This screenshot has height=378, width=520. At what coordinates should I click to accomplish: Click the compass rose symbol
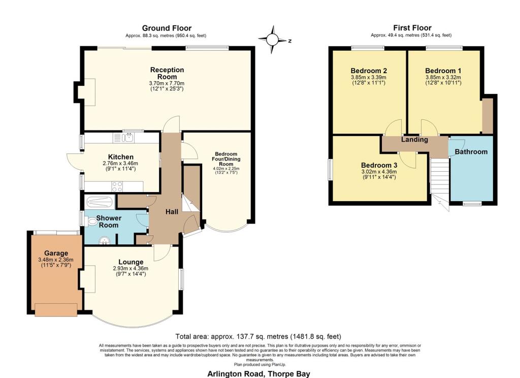272,40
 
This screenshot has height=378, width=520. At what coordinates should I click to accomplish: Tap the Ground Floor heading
167,28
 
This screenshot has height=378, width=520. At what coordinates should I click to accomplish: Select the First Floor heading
412,28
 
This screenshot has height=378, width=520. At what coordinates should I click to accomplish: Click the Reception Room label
167,73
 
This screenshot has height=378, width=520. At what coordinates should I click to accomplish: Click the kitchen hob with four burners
117,186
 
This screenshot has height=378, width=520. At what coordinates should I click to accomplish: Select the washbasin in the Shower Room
105,240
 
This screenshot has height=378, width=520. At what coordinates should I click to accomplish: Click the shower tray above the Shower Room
100,201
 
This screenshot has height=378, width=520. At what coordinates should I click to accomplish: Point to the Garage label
56,253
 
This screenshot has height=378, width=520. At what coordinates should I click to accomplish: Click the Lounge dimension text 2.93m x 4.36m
131,268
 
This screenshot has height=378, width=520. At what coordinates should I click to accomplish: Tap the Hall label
172,212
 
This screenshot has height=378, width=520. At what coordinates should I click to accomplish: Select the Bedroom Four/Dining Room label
226,159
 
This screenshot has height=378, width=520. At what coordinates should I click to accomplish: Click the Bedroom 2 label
369,71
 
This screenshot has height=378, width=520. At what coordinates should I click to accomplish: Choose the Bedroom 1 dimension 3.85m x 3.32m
443,77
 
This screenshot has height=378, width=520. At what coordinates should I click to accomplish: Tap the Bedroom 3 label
379,165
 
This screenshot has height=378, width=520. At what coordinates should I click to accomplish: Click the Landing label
414,139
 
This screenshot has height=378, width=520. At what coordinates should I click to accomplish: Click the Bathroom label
471,152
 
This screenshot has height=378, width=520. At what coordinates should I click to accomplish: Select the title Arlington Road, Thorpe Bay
258,374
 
